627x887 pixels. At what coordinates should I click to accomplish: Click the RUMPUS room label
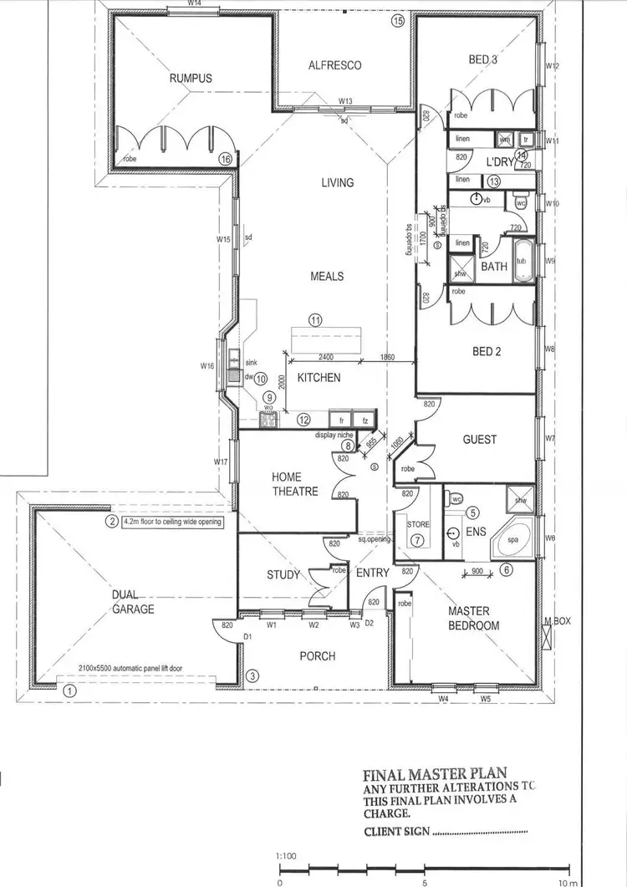pyautogui.click(x=191, y=78)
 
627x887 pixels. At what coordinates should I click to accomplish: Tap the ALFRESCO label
pyautogui.click(x=334, y=64)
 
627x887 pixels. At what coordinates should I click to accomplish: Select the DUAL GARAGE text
pyautogui.click(x=134, y=602)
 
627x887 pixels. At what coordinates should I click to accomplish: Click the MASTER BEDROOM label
pyautogui.click(x=473, y=618)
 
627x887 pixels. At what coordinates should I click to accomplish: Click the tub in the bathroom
pyautogui.click(x=522, y=261)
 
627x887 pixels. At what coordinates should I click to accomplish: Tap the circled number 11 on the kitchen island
pyautogui.click(x=315, y=319)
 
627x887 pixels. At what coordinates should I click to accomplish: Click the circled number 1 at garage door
pyautogui.click(x=70, y=691)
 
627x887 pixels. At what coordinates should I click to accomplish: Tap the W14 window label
pyautogui.click(x=194, y=4)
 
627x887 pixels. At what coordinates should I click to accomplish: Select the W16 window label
pyautogui.click(x=207, y=365)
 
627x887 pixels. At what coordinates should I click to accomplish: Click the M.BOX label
pyautogui.click(x=557, y=620)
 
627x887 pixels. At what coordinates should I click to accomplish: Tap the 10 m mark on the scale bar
pyautogui.click(x=569, y=882)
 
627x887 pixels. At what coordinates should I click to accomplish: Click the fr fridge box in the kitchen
pyautogui.click(x=341, y=420)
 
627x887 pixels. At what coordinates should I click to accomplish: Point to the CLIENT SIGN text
pyautogui.click(x=397, y=831)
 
